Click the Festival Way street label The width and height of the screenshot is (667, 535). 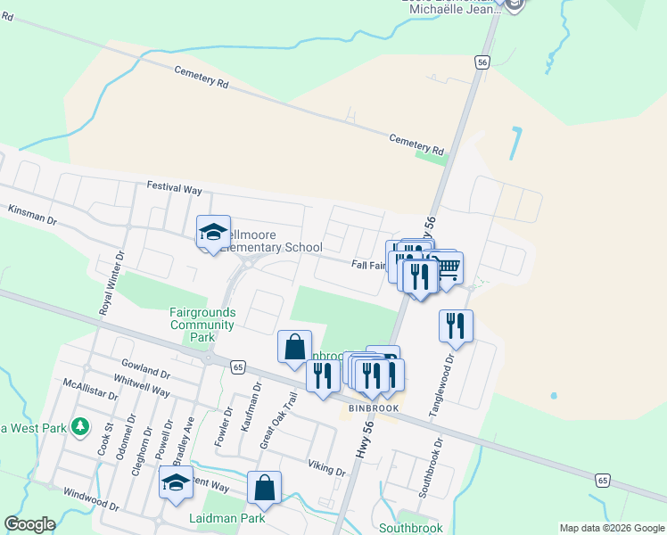click(175, 189)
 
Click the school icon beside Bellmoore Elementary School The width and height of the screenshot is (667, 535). click(213, 234)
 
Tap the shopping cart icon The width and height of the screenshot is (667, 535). click(446, 267)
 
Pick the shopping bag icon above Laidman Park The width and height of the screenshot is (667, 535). click(264, 488)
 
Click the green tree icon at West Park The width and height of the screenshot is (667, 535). click(80, 426)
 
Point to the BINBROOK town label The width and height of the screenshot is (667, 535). click(372, 407)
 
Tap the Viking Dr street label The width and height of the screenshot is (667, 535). click(326, 468)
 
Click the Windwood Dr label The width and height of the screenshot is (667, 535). click(90, 498)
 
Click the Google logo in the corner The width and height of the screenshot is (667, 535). click(29, 524)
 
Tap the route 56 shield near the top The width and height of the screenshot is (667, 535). click(482, 62)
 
